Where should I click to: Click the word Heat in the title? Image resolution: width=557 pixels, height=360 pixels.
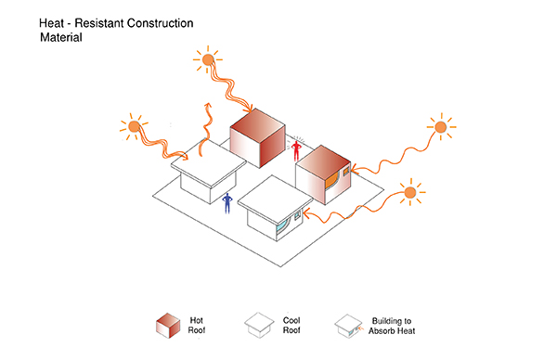[x=52, y=23]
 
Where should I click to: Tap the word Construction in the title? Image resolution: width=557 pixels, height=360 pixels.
[x=160, y=23]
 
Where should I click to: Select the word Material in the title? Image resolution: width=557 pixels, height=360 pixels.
[x=61, y=37]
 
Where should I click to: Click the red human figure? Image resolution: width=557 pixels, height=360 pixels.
[x=296, y=150]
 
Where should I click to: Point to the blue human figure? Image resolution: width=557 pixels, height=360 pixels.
[x=227, y=203]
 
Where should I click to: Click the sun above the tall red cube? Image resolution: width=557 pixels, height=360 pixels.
[x=208, y=59]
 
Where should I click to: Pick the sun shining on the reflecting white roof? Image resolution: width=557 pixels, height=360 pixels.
[x=134, y=126]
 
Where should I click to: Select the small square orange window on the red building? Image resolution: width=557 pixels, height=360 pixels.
[x=346, y=173]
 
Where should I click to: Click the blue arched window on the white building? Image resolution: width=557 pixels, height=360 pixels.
[x=282, y=225]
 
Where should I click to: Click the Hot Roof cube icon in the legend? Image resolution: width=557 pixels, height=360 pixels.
[x=168, y=326]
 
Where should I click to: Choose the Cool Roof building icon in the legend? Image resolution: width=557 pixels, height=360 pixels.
[x=259, y=325]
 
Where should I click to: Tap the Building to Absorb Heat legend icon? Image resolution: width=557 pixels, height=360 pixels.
[x=348, y=326]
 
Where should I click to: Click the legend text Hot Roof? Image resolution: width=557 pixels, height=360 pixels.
[x=197, y=326]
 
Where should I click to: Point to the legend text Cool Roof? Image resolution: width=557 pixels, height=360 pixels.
[x=291, y=326]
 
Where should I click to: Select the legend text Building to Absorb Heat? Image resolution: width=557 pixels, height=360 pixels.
[x=392, y=326]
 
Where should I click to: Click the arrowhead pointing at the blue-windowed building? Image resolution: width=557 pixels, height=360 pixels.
[x=307, y=213]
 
